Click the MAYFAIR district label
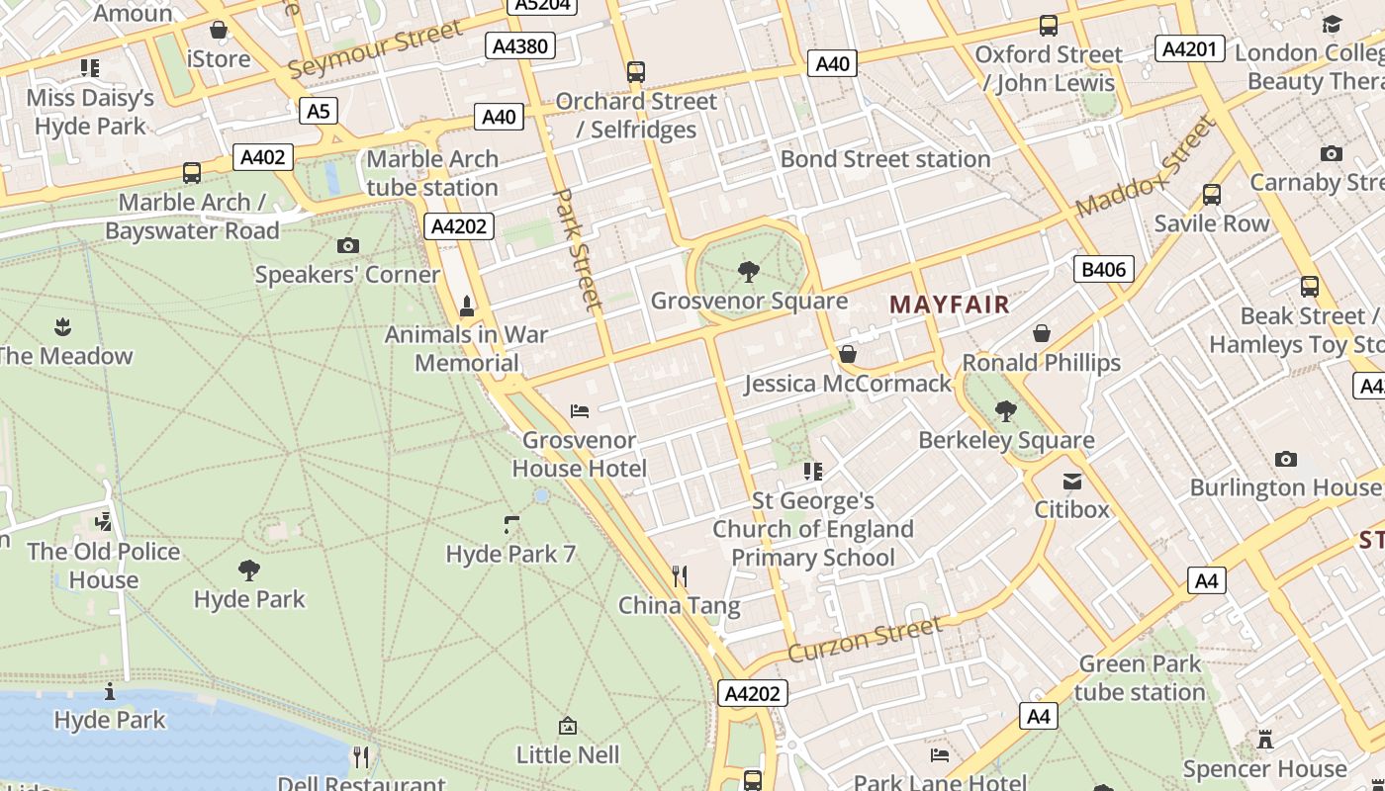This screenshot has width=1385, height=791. (x=950, y=305)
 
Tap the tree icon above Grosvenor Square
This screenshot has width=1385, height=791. (x=749, y=271)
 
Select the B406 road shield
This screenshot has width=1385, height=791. (x=1103, y=269)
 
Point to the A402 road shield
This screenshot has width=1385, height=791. (x=263, y=157)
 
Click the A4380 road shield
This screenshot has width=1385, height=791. (x=521, y=45)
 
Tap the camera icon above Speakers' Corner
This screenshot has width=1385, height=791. (x=347, y=245)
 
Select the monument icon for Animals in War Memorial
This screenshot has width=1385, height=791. (x=467, y=307)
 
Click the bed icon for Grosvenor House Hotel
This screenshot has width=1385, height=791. (x=580, y=411)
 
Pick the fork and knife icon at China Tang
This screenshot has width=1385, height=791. (x=679, y=575)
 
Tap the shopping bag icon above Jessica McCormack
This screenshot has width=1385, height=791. (x=848, y=354)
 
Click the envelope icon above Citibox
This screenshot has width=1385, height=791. (x=1072, y=482)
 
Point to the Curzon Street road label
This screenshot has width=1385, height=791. (x=865, y=640)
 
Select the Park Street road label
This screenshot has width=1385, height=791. (x=577, y=249)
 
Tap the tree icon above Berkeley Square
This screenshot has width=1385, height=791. (x=1006, y=410)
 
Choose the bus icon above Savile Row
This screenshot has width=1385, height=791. (x=1212, y=194)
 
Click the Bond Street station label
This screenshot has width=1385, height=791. (x=885, y=159)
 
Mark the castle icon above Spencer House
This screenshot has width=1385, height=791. (x=1264, y=739)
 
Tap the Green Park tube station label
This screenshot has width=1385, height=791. (x=1140, y=677)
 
